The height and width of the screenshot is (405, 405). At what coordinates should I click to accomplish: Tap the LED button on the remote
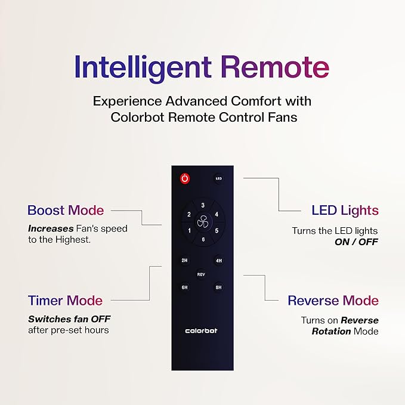point(218,178)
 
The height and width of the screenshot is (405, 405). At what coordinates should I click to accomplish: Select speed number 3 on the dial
point(202,205)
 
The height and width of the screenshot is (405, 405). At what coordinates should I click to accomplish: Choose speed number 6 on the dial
point(202,240)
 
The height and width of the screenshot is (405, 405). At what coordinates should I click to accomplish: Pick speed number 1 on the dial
point(189,231)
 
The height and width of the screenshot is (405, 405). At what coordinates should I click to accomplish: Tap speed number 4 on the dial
point(216,214)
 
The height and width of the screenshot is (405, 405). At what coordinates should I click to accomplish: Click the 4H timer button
point(218,261)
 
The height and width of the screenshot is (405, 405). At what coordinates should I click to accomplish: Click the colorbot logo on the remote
point(202,330)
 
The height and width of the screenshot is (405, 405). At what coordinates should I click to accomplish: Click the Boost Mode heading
point(66,210)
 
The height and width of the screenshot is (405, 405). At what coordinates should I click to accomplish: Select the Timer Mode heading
point(65,300)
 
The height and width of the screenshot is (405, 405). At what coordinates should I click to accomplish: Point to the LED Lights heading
point(345,210)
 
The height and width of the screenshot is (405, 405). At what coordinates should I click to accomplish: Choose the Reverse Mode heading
point(333,300)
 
